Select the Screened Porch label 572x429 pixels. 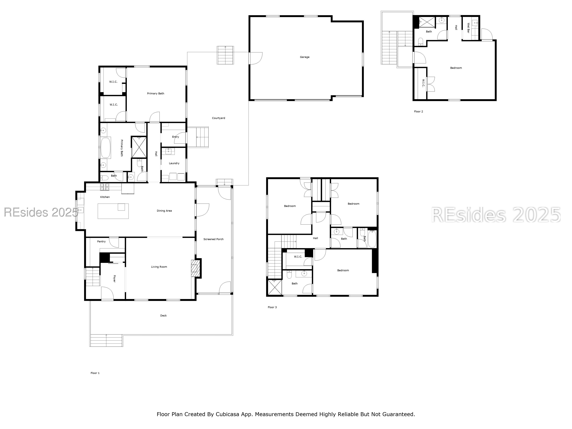coord(213,239)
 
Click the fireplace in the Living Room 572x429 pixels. coord(195,268)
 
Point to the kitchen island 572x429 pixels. coord(113,211)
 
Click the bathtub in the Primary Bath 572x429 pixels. coord(106,148)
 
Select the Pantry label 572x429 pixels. coord(101,242)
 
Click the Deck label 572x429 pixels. coord(163,315)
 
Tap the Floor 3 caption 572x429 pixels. coord(272,307)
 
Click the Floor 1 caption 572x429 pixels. coord(95,373)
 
